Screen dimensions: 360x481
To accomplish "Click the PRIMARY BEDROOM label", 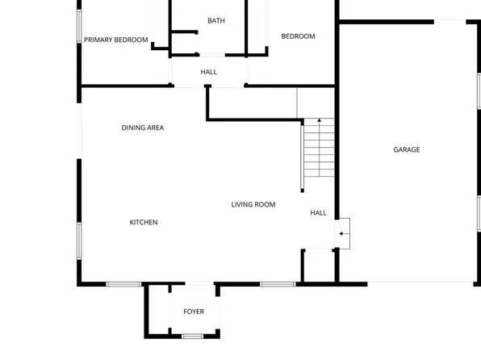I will [116, 40].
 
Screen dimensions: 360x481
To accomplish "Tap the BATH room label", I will [216, 21].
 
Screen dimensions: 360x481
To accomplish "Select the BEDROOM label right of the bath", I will [298, 36].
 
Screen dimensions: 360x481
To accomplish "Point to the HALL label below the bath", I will [209, 73].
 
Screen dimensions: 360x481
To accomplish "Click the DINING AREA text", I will [143, 128].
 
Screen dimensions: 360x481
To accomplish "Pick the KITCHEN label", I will [144, 222].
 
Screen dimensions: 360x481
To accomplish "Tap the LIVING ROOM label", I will [253, 205].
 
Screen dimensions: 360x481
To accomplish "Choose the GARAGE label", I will [407, 149].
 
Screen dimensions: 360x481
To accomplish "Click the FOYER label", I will [194, 312].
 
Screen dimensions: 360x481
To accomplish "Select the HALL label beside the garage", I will [319, 213].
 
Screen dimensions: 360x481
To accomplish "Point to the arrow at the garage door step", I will [343, 234].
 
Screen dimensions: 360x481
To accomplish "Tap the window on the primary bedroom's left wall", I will [79, 26].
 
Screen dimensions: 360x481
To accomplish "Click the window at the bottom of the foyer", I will [192, 335].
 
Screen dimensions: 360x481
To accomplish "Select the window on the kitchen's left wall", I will [79, 240].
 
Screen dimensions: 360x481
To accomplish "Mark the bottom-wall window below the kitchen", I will [123, 284].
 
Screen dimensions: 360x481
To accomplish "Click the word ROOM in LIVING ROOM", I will [265, 205].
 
